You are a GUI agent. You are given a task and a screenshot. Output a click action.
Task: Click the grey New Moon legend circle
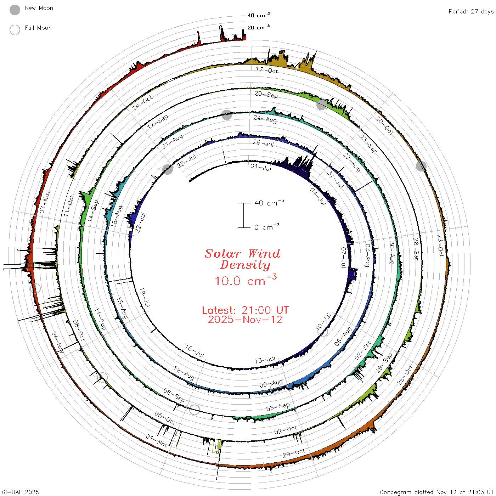tap(15, 10)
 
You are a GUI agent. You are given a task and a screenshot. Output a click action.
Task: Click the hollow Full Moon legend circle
tap(15, 30)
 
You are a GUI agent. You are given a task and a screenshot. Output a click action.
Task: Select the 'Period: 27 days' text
tap(471, 12)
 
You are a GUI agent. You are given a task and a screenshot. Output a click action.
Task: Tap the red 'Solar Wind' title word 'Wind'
tap(264, 254)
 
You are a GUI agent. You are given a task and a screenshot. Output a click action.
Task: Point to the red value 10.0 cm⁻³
tap(246, 280)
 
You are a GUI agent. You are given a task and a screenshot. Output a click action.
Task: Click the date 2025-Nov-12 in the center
tap(245, 320)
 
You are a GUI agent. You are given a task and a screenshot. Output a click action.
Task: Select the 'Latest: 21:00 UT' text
tap(245, 310)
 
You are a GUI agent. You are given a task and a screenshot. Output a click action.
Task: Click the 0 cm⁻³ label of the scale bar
tap(267, 227)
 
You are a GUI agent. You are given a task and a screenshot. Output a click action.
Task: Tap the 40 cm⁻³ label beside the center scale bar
tap(269, 203)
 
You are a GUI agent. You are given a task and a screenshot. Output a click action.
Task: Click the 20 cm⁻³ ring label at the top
tap(258, 27)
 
